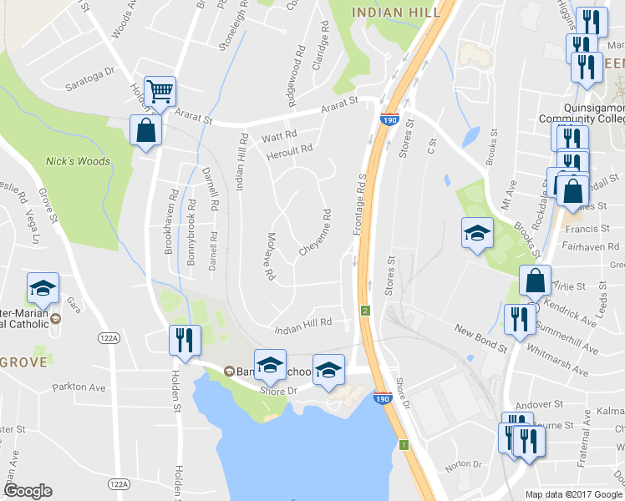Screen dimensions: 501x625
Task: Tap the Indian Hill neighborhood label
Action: pyautogui.click(x=390, y=12)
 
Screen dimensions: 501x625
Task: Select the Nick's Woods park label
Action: pyautogui.click(x=78, y=161)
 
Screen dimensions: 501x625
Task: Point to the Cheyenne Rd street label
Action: pyautogui.click(x=315, y=233)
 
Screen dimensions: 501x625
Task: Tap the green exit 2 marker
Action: pyautogui.click(x=365, y=311)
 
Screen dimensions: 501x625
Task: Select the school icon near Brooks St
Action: pyautogui.click(x=476, y=232)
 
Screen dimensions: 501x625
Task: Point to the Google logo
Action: pyautogui.click(x=28, y=492)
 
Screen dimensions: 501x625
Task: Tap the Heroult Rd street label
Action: pyautogui.click(x=289, y=150)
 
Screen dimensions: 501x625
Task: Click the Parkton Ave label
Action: pyautogui.click(x=79, y=387)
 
